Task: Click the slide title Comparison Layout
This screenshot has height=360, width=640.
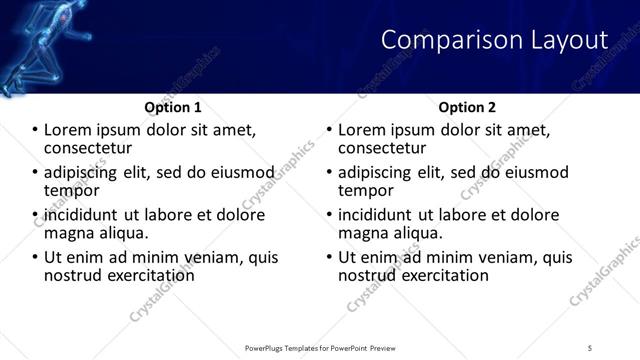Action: coord(494,40)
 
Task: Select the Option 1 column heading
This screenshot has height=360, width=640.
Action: coord(173,106)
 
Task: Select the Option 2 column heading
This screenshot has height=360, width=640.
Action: coord(466,106)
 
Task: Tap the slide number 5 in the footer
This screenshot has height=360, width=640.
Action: coord(590,347)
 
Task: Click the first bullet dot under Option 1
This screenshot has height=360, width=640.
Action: coord(36,130)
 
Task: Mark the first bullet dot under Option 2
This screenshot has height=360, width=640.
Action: coord(330,130)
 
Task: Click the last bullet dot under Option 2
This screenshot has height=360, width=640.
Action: coord(330,257)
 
